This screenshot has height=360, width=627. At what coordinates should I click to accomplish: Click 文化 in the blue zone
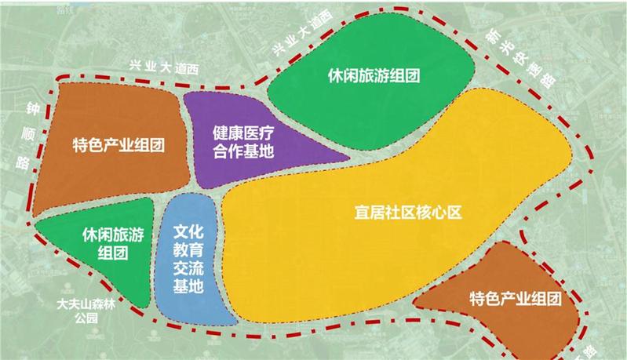tap(188, 233)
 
